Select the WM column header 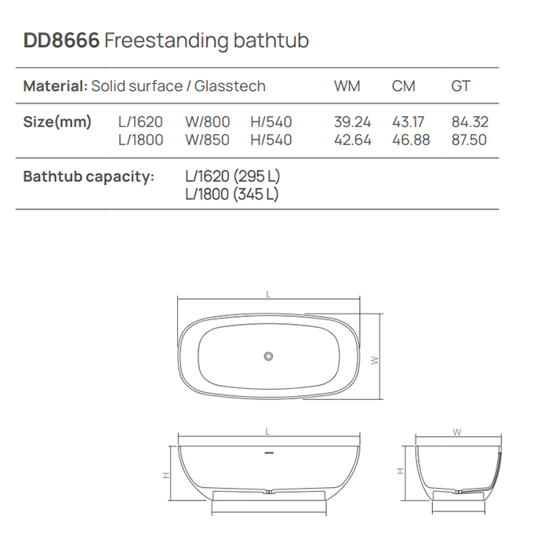(347, 86)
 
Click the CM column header (403, 86)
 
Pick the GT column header (460, 86)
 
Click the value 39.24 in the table (352, 122)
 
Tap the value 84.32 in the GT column (469, 122)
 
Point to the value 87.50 (469, 140)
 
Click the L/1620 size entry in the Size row (140, 122)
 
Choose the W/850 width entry (207, 140)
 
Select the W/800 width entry (207, 122)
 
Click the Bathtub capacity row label (88, 176)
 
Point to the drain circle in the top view (269, 357)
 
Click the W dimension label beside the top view (376, 360)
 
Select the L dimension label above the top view (268, 295)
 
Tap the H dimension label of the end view (400, 472)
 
